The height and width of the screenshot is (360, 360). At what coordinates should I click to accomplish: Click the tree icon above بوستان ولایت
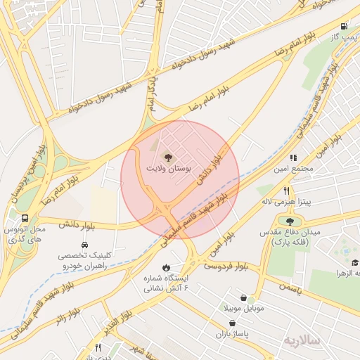pyautogui.click(x=167, y=156)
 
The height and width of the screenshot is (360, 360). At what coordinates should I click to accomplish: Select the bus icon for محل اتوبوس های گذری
pyautogui.click(x=25, y=218)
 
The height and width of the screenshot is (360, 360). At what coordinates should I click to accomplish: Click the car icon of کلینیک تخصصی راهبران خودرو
pyautogui.click(x=84, y=245)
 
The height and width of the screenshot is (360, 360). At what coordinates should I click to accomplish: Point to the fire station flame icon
pyautogui.click(x=165, y=267)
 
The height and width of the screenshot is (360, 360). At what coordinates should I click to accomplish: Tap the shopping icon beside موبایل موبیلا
pyautogui.click(x=243, y=298)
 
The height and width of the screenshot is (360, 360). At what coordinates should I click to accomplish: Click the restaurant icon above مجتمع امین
pyautogui.click(x=293, y=158)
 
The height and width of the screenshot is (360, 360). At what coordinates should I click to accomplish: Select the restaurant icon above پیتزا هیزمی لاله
pyautogui.click(x=286, y=191)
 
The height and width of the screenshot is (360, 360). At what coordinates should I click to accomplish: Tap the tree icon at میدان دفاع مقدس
pyautogui.click(x=290, y=222)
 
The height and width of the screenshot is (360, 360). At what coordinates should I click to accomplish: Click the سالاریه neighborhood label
pyautogui.click(x=302, y=340)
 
